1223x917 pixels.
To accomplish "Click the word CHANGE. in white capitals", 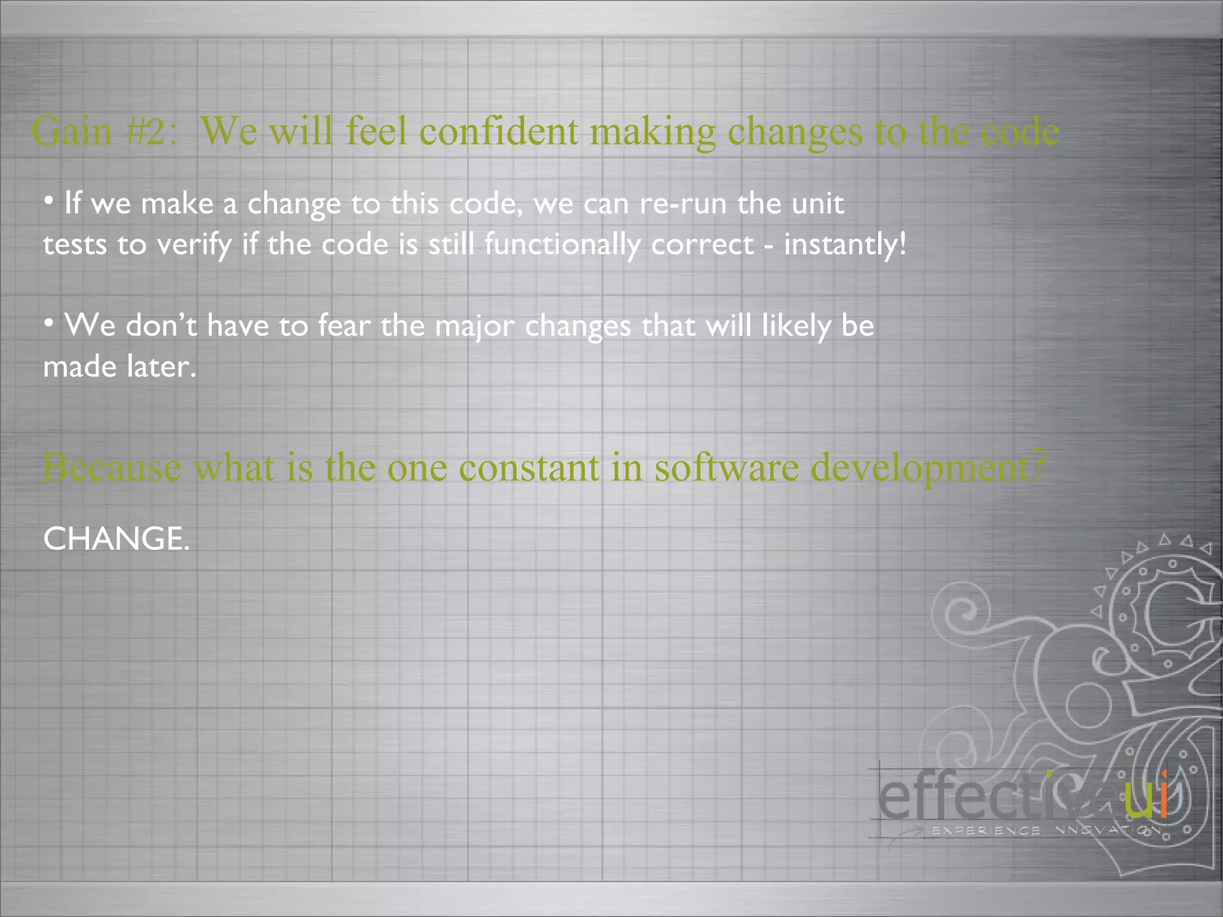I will [x=116, y=539].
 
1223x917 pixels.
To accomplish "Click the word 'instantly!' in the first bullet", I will [x=845, y=245].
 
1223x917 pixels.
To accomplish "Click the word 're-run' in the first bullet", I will [x=683, y=204].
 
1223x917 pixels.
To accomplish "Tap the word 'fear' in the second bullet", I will [x=344, y=326].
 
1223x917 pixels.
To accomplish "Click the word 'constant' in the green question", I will [x=529, y=467].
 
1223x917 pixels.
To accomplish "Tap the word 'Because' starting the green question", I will [x=112, y=467].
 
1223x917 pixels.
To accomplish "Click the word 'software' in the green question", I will [x=727, y=467].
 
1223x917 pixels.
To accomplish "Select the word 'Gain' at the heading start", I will [x=72, y=131].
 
